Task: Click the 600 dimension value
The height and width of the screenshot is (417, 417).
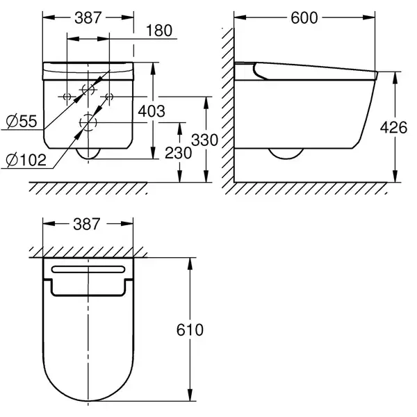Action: (304, 18)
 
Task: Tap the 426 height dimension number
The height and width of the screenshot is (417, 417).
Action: (393, 127)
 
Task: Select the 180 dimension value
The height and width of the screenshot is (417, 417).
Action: (159, 31)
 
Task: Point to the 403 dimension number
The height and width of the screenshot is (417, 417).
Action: (152, 111)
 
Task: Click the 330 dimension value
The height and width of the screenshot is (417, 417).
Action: (204, 140)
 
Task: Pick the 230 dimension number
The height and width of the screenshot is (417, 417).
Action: (178, 153)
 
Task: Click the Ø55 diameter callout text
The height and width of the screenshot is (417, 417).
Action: (22, 121)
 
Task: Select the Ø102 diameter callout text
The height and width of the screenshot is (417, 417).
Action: (26, 160)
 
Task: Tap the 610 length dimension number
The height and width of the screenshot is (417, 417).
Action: (190, 329)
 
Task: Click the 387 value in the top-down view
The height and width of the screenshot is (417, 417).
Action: (87, 224)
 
